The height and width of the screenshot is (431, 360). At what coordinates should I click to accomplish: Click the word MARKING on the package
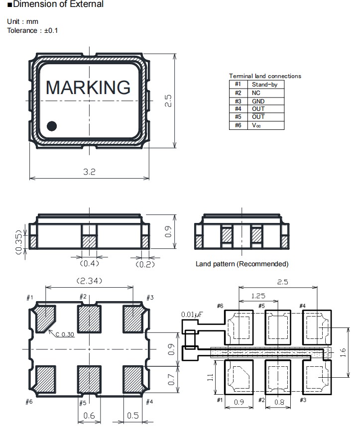[88, 88]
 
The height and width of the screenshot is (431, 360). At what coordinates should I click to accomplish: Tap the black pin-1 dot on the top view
[52, 126]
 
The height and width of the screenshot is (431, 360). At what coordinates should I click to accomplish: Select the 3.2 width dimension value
[89, 172]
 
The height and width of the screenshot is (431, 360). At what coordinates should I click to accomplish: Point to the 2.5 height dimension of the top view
[168, 101]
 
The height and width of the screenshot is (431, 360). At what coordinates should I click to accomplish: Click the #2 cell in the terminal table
[238, 93]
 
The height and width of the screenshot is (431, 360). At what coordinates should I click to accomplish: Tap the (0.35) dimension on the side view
[18, 242]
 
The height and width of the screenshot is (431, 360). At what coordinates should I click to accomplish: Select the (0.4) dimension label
[90, 263]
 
